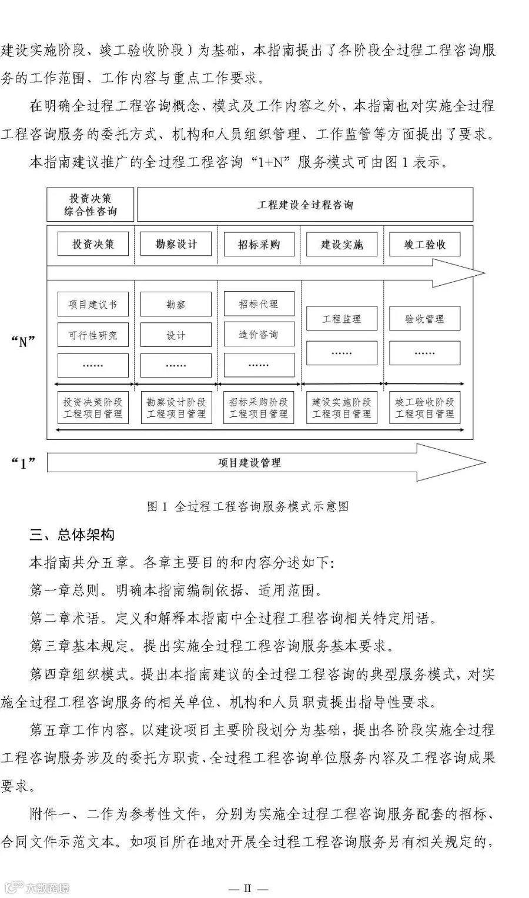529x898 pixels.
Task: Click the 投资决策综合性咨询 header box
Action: tap(91, 205)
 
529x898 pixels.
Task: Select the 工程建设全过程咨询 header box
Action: tap(305, 205)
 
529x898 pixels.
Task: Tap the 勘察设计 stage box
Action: tap(176, 244)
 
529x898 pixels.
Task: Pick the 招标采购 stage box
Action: tap(259, 244)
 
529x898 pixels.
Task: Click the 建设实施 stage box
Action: tap(341, 244)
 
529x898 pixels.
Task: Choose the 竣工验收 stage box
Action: tap(424, 244)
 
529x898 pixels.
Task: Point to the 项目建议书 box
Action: tap(93, 305)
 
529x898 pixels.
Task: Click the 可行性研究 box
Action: tap(93, 335)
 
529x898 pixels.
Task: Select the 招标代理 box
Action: tap(259, 304)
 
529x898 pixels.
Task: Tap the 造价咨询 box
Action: tap(259, 335)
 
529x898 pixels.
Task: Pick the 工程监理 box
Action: tap(341, 319)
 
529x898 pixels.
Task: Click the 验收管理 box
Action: tap(424, 319)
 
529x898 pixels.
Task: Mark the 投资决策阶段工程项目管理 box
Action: tap(93, 408)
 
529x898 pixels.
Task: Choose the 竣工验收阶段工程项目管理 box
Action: tap(424, 408)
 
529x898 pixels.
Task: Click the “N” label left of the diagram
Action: tap(24, 341)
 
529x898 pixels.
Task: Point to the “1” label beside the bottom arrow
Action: tap(24, 463)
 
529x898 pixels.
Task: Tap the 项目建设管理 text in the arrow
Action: tap(249, 463)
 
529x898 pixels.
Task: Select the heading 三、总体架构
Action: tap(72, 535)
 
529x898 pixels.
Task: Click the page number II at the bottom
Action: tap(247, 888)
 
